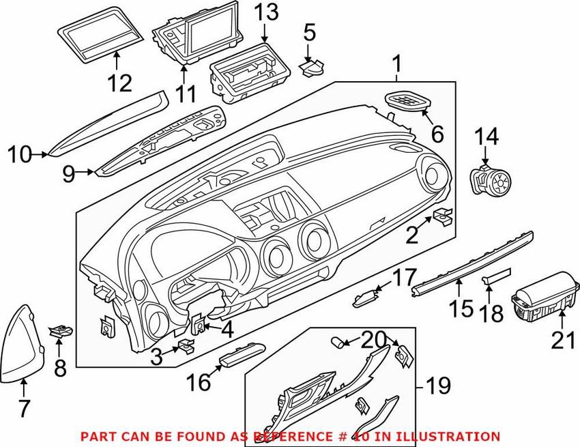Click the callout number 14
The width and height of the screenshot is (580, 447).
(x=486, y=136)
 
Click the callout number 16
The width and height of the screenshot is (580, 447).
(x=199, y=383)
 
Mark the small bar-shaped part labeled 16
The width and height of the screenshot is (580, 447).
(x=240, y=356)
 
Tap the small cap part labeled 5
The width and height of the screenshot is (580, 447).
(x=313, y=66)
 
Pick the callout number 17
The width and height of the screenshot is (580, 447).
(x=402, y=278)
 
